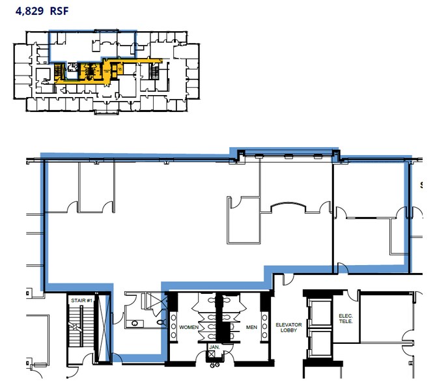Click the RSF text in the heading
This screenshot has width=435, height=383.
58,11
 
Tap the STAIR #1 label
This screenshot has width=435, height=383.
81,300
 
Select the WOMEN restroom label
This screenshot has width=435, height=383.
189,327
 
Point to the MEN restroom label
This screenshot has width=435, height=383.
251,327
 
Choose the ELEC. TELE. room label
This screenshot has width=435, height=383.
346,320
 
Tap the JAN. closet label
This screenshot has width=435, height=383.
213,348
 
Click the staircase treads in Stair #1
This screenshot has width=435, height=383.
81,332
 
